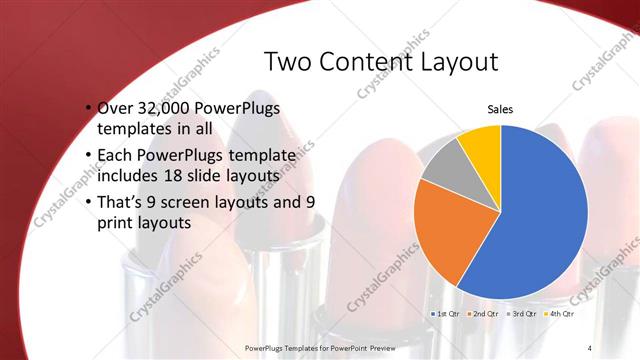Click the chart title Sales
click(x=501, y=110)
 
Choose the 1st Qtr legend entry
click(x=446, y=313)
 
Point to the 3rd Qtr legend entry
click(x=522, y=313)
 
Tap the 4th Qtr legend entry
click(x=559, y=313)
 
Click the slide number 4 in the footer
click(x=590, y=347)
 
